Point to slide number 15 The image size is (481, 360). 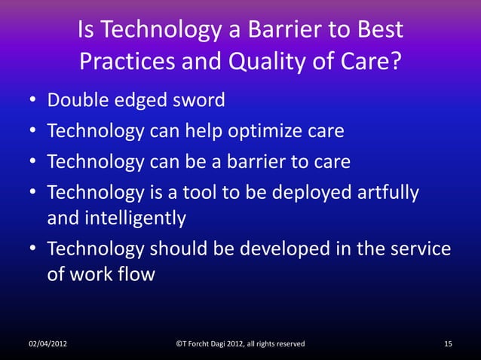tap(449, 344)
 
